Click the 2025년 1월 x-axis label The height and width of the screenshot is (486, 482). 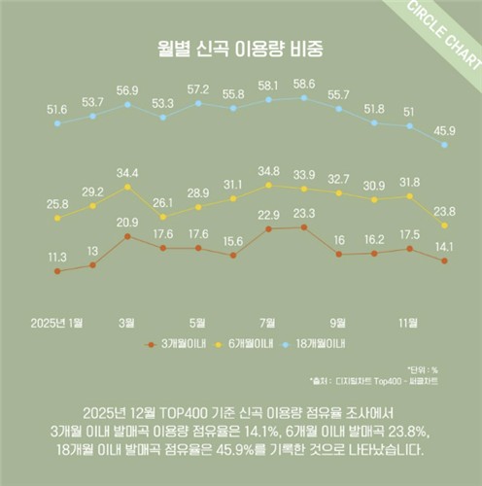coord(57,321)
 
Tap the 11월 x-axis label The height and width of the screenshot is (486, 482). coord(409,321)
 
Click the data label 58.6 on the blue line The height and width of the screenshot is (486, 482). coord(304,85)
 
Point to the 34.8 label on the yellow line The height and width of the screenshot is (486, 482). coord(269,171)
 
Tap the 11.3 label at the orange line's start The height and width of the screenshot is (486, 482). coord(57,257)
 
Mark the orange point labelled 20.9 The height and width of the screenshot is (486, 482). coord(127,236)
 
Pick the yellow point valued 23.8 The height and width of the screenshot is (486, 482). coord(444,226)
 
